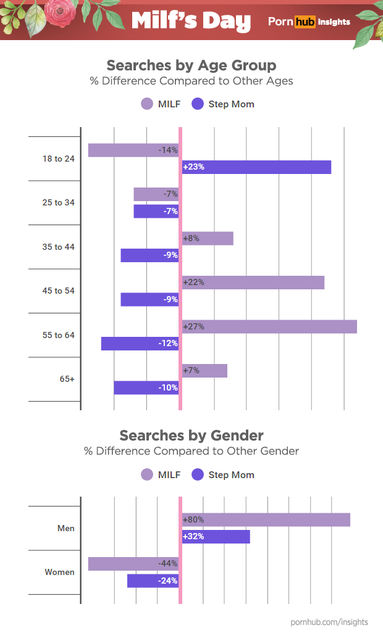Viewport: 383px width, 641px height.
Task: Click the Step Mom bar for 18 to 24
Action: (256, 167)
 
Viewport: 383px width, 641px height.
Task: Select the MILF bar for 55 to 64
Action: (269, 326)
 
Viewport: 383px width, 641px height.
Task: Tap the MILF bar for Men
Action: (266, 519)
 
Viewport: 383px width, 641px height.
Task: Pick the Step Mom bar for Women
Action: (153, 581)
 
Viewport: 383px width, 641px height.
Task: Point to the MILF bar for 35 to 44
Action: (208, 238)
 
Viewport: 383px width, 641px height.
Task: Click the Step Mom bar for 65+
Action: (146, 387)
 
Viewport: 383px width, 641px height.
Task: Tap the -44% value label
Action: (167, 563)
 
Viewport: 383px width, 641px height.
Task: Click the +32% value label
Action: (193, 537)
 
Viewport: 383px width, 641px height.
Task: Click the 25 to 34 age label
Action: (58, 202)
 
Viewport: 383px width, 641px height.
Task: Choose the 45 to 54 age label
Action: (58, 291)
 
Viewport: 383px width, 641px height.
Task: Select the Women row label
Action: (59, 572)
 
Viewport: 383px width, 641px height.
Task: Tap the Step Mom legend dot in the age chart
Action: (198, 104)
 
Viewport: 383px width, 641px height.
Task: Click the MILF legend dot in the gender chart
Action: (147, 474)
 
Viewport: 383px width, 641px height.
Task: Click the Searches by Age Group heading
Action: (192, 65)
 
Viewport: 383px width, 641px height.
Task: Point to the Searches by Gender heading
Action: (192, 436)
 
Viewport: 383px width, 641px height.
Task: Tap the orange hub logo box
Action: (305, 22)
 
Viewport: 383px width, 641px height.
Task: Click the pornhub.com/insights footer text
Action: (329, 622)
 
